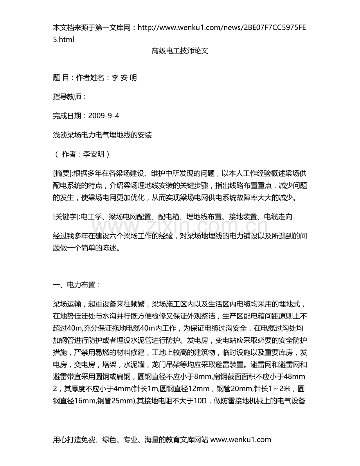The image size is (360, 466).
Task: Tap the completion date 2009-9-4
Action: point(104,116)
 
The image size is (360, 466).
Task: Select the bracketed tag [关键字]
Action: point(65,216)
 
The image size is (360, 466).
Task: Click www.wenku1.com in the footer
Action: point(241,439)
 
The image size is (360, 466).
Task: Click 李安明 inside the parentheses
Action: point(94,154)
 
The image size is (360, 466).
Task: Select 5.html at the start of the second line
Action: point(63,39)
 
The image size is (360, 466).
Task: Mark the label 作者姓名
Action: point(90,77)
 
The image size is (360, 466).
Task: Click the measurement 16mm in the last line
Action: point(86,400)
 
